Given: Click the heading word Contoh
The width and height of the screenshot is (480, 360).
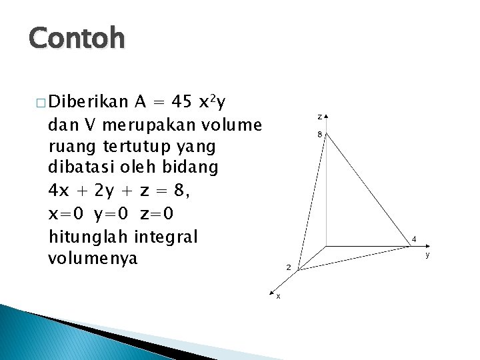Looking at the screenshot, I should pos(77,39).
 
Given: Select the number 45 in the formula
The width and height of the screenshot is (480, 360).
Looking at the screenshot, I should pos(182,102).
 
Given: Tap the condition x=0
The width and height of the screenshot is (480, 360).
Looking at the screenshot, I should pos(70,214).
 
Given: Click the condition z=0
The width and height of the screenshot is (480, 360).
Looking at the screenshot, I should pos(164,214).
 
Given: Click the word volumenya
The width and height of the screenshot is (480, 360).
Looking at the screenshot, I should pos(92,258).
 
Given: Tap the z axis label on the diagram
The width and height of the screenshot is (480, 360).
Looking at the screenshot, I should pos(319,117).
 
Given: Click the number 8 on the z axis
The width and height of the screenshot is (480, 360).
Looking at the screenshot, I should pos(319,134).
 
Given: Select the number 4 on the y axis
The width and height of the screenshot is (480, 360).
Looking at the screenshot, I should pos(414,238).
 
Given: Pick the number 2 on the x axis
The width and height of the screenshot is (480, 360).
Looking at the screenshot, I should pos(288,267).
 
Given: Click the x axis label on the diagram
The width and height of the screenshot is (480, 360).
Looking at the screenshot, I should pos(278,296).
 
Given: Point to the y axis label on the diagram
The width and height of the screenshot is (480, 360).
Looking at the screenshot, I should pos(427,253).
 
